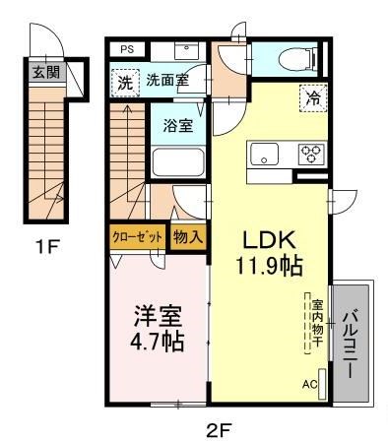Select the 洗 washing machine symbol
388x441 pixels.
pyautogui.click(x=124, y=83)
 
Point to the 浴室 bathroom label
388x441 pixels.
pyautogui.click(x=177, y=126)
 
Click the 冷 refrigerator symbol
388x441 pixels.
pyautogui.click(x=312, y=97)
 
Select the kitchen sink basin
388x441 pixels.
pyautogui.click(x=266, y=155)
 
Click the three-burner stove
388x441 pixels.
pyautogui.click(x=311, y=154)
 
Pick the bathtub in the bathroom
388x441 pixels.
pyautogui.click(x=178, y=163)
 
